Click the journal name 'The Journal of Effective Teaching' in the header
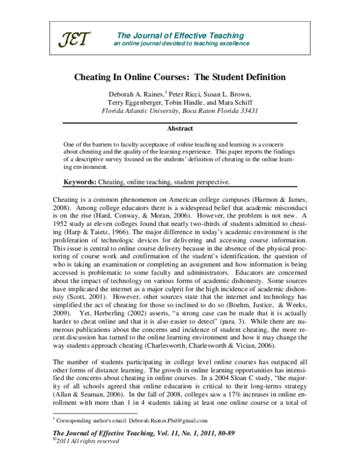tap(180, 35)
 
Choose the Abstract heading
tap(180, 129)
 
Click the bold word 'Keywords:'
tap(83, 181)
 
